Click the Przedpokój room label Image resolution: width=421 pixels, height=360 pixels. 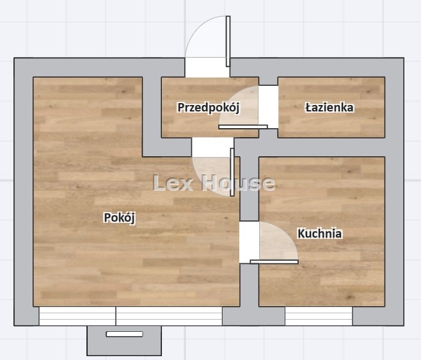tap(209, 108)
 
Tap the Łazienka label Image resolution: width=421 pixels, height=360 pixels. tap(330, 108)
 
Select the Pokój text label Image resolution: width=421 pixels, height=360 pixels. tap(120, 218)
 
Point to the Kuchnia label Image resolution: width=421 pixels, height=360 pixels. tap(319, 233)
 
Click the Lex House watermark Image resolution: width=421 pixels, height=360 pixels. tap(214, 183)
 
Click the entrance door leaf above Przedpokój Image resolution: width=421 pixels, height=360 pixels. tap(228, 42)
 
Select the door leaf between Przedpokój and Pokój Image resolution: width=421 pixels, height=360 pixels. tap(232, 172)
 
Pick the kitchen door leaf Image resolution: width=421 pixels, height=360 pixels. tap(274, 261)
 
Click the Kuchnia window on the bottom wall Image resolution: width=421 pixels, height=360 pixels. tap(319, 316)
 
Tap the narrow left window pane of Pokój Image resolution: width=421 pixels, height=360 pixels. tap(77, 316)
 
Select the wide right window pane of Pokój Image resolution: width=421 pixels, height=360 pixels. tap(169, 316)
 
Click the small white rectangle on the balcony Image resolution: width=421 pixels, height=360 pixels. tap(124, 334)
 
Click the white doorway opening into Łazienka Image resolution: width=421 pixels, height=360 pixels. tap(268, 107)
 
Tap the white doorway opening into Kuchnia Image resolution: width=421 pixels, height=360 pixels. tap(249, 242)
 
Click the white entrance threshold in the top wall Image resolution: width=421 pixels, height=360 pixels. tap(207, 67)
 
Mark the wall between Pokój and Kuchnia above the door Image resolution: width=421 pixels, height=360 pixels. tap(250, 188)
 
